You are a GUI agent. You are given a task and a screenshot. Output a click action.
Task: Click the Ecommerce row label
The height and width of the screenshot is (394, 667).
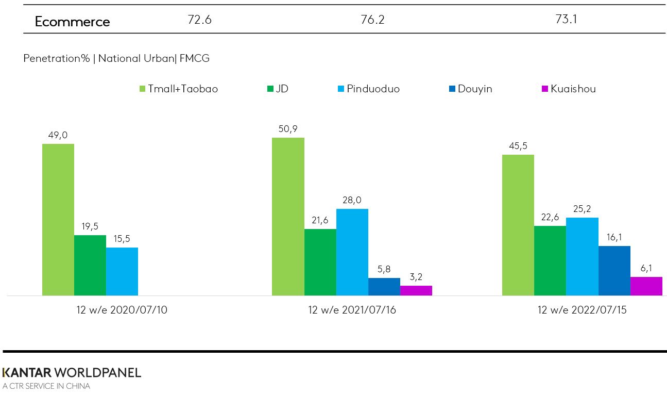click(x=72, y=22)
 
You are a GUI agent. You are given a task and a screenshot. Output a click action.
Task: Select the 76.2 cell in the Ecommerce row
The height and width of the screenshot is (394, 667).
click(x=372, y=20)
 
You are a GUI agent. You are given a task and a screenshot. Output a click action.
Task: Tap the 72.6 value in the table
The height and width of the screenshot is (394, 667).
click(x=199, y=20)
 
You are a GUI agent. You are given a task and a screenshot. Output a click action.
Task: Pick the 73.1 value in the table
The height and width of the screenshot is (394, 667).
click(x=566, y=20)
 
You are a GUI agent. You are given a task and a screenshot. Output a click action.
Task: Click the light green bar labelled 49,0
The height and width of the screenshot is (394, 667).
click(x=58, y=219)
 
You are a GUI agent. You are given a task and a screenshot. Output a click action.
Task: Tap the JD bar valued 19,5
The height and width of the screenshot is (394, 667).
click(x=90, y=265)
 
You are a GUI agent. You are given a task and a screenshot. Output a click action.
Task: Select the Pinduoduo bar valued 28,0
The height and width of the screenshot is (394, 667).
click(x=352, y=252)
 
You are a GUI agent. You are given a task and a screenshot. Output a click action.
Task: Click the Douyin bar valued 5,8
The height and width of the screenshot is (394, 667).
click(x=384, y=287)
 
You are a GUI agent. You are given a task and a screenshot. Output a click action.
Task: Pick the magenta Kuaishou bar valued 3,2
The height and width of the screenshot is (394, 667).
click(x=416, y=290)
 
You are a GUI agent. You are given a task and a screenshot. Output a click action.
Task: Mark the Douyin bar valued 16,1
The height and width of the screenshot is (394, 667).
click(x=614, y=270)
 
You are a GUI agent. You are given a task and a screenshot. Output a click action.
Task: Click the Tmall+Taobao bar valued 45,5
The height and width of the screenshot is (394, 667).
click(x=518, y=225)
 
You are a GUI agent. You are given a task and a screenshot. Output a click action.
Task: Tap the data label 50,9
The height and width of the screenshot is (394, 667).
click(x=287, y=128)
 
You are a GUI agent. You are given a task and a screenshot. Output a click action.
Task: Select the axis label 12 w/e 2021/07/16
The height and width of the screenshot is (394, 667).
click(x=352, y=310)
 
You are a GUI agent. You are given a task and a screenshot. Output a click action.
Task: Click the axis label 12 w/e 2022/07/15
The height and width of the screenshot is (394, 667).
click(x=582, y=310)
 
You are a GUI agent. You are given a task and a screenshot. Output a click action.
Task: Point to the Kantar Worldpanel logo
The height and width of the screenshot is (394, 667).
click(x=72, y=373)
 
